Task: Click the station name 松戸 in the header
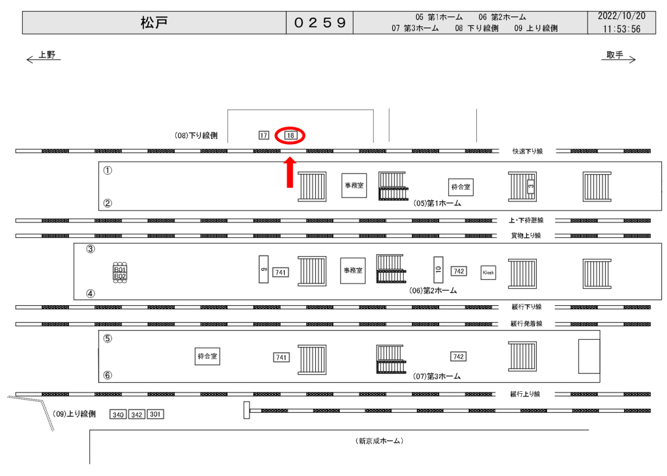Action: pyautogui.click(x=154, y=23)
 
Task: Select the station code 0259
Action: pyautogui.click(x=319, y=23)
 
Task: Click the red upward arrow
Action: pyautogui.click(x=290, y=172)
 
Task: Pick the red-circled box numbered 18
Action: pyautogui.click(x=291, y=136)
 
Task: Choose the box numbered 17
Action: pyautogui.click(x=264, y=136)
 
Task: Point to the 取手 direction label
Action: pyautogui.click(x=615, y=55)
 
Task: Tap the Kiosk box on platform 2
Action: pyautogui.click(x=488, y=272)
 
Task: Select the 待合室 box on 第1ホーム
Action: pyautogui.click(x=461, y=186)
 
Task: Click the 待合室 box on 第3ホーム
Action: pyautogui.click(x=207, y=357)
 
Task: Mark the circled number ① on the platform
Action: pyautogui.click(x=107, y=171)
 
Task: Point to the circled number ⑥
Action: pyautogui.click(x=107, y=376)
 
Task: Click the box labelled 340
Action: pyautogui.click(x=118, y=415)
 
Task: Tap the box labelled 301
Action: pyautogui.click(x=155, y=415)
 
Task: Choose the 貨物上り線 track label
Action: pyautogui.click(x=526, y=235)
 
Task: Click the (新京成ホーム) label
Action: pyautogui.click(x=380, y=441)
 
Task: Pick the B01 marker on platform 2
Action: pyautogui.click(x=120, y=269)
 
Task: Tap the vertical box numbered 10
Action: pyautogui.click(x=438, y=269)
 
